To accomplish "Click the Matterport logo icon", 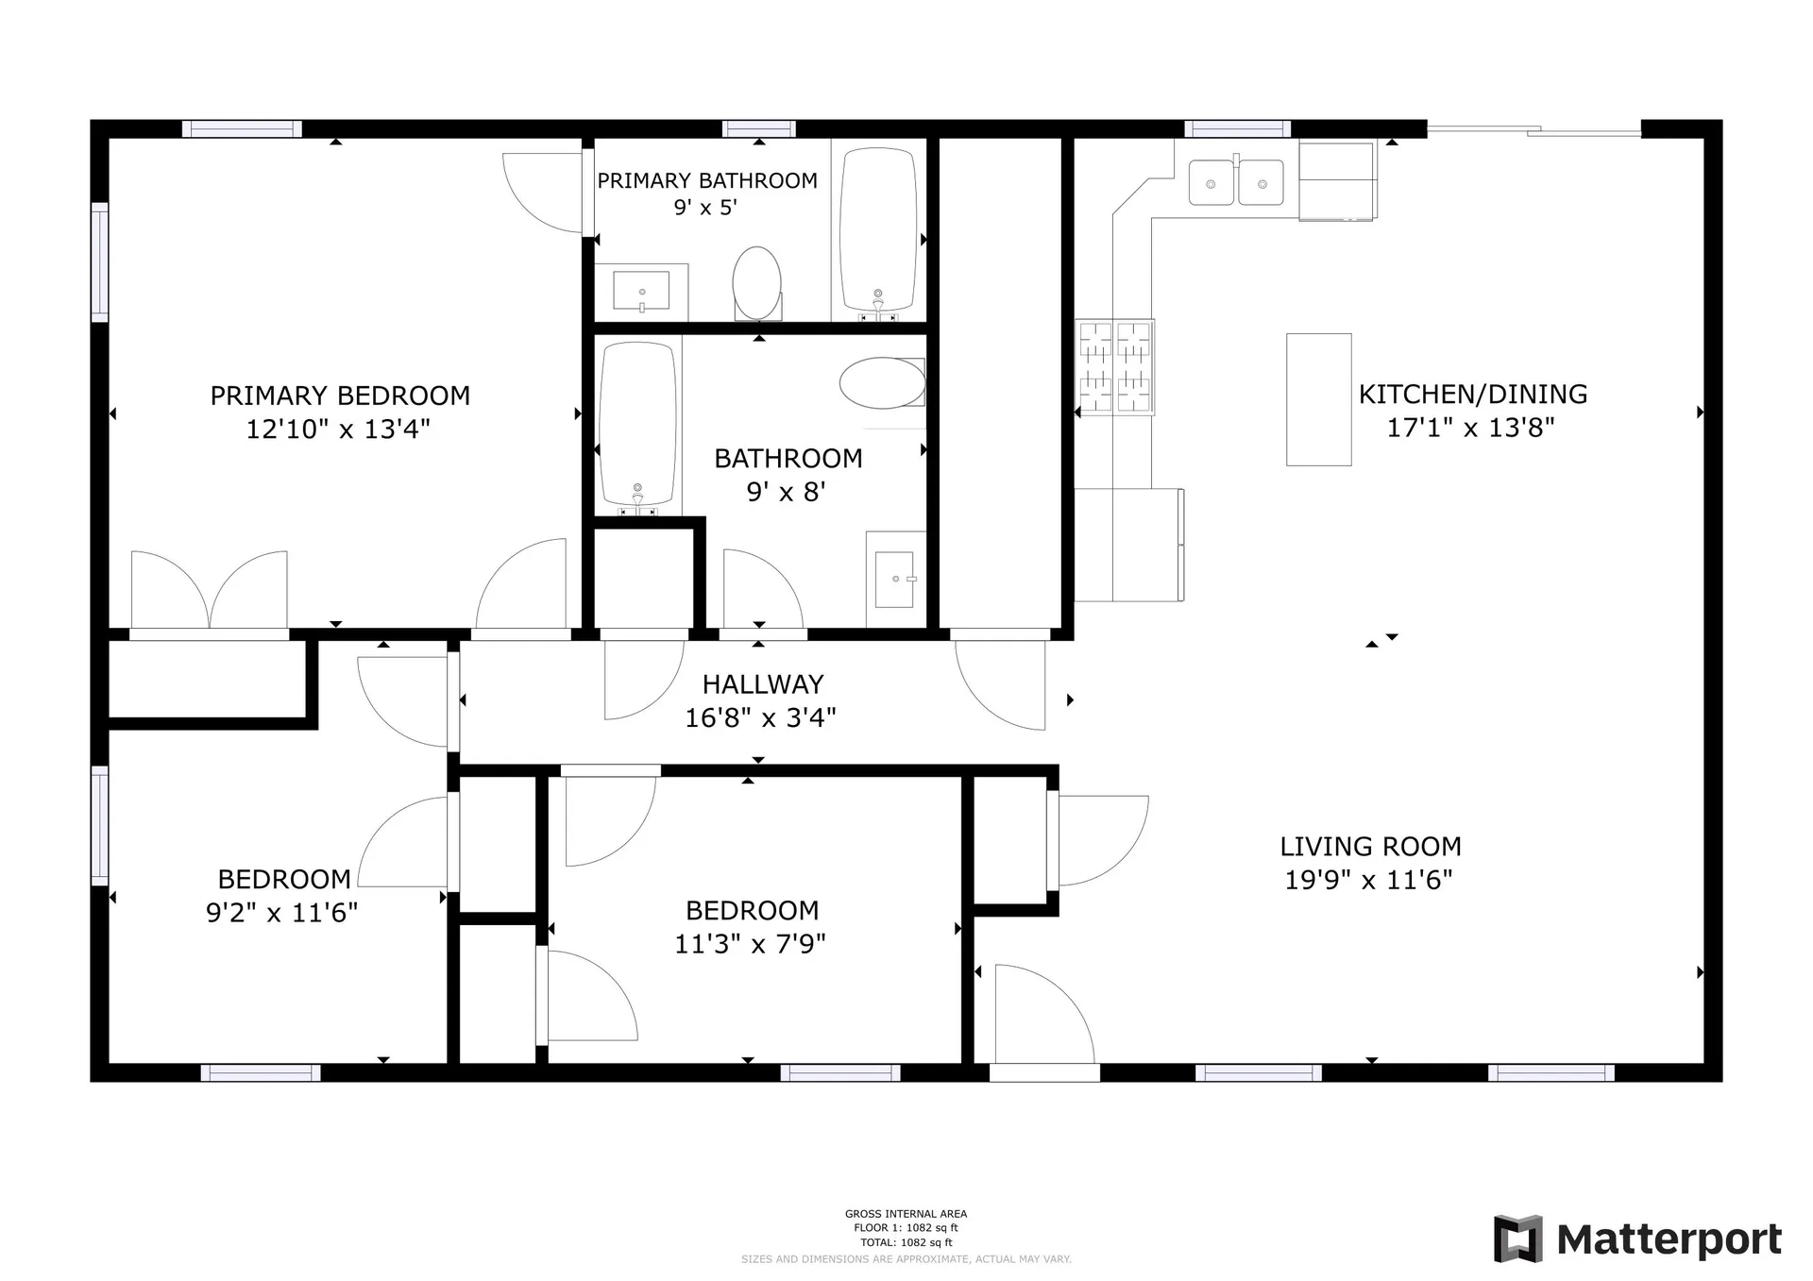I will click(x=1517, y=1239).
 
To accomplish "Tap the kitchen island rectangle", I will click(x=1318, y=399).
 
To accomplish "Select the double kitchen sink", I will click(x=1235, y=182).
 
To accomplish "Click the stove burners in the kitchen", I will click(x=1115, y=367).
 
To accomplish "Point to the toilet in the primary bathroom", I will click(x=757, y=283).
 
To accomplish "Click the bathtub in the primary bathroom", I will click(x=878, y=229).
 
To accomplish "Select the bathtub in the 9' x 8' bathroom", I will click(x=638, y=424).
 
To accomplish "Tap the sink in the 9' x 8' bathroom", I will click(x=893, y=579).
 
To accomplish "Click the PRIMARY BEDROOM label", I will click(x=340, y=396).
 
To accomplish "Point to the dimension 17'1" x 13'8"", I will click(x=1470, y=428).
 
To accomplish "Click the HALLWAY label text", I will click(x=762, y=684).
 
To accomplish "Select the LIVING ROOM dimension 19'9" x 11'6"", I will click(x=1368, y=880).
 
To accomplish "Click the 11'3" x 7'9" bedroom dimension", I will click(x=750, y=943).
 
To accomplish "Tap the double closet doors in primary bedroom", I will click(x=209, y=591).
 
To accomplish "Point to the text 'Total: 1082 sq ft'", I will click(x=906, y=1242).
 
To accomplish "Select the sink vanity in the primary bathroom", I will click(x=641, y=291).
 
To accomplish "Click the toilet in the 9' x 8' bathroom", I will click(x=884, y=382).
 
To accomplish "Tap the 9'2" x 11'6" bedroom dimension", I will click(x=281, y=913).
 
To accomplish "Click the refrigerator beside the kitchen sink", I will click(x=1336, y=180).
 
